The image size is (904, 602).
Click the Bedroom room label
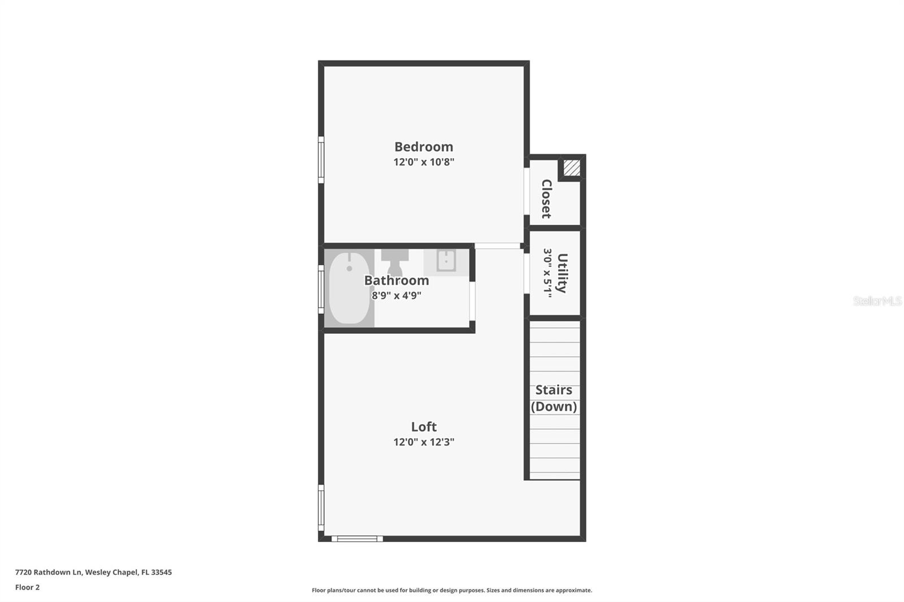424,147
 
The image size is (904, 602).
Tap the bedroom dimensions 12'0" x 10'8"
424,162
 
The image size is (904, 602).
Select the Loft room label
424,427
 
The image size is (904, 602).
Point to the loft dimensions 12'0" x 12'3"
424,442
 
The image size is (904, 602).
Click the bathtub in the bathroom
349,288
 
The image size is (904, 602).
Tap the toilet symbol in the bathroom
394,260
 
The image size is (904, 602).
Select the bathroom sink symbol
446,261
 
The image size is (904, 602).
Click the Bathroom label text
396,281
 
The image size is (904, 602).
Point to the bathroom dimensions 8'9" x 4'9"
396,295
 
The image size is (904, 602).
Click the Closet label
546,199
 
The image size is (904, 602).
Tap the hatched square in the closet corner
572,168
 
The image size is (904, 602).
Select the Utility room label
562,273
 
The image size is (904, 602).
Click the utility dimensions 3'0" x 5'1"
547,273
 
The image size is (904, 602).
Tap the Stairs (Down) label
554,398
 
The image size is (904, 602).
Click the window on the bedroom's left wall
321,160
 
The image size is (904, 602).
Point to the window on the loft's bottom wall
357,539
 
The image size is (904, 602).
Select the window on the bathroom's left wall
321,289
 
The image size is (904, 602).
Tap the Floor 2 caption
27,587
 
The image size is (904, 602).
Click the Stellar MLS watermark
877,301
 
